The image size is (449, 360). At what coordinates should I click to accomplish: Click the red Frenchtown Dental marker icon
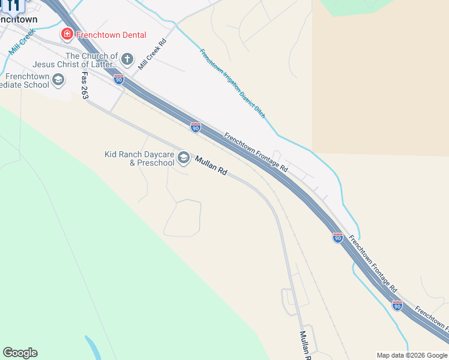(x=67, y=34)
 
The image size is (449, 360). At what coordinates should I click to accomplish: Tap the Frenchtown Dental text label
(x=110, y=35)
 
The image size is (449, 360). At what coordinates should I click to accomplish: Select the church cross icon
(x=127, y=59)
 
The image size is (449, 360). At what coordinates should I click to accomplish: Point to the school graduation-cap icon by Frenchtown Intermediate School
(x=58, y=79)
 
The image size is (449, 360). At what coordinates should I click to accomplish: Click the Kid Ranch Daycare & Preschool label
(x=139, y=158)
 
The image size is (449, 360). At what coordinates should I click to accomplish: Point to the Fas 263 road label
(x=85, y=86)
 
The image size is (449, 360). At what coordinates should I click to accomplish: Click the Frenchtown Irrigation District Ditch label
(x=232, y=83)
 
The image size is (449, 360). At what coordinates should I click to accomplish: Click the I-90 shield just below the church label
(x=119, y=79)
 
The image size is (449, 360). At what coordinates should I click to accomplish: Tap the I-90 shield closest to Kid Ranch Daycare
(x=196, y=127)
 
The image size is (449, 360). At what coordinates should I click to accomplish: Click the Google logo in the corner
(x=20, y=353)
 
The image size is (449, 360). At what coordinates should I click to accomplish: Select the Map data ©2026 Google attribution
(x=412, y=355)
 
